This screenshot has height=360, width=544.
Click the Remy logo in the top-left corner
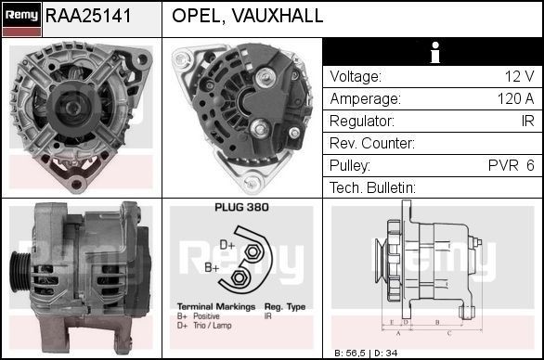pyautogui.click(x=21, y=14)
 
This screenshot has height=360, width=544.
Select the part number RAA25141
pyautogui.click(x=89, y=16)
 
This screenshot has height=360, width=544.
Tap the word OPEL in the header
pyautogui.click(x=197, y=16)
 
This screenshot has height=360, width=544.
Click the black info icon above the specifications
pyautogui.click(x=432, y=54)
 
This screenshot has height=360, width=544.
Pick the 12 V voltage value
pyautogui.click(x=517, y=77)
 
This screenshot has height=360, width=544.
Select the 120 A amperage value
pyautogui.click(x=514, y=99)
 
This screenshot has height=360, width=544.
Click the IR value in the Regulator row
pyautogui.click(x=525, y=122)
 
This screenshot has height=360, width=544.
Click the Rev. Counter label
pyautogui.click(x=371, y=144)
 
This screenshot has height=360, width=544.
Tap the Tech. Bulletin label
pyautogui.click(x=372, y=188)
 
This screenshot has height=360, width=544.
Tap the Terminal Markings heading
pyautogui.click(x=210, y=306)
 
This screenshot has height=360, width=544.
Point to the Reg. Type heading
pyautogui.click(x=285, y=306)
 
